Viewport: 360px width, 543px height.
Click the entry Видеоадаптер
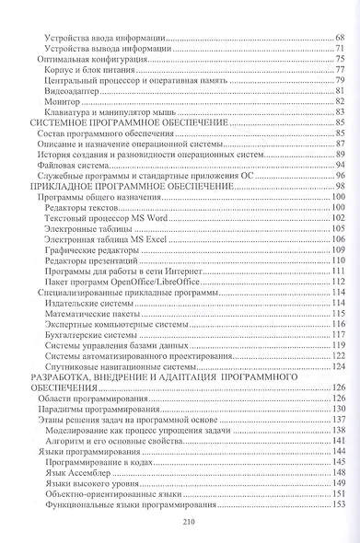point(73,90)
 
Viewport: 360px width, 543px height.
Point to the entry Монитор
point(62,101)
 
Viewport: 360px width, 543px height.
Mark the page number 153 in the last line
point(337,503)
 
